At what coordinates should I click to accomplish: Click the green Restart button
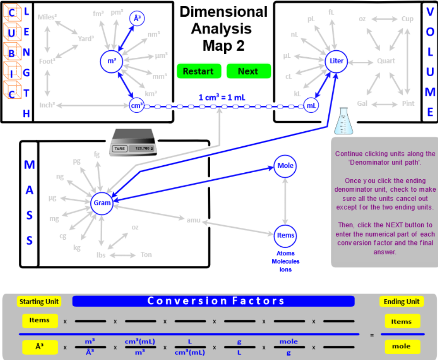pos(198,71)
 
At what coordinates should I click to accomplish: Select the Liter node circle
pos(337,61)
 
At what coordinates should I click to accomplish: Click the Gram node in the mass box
pos(102,203)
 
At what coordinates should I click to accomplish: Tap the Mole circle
pos(285,166)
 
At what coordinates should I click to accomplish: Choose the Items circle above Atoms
pos(285,235)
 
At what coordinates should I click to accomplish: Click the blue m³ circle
pos(112,61)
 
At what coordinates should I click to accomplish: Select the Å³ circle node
pos(137,18)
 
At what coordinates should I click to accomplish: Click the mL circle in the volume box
pos(312,106)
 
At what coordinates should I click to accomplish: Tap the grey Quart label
pos(386,61)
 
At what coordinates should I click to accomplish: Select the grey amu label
pos(193,219)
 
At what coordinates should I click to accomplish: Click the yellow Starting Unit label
pos(39,302)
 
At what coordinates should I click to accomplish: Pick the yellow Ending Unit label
pos(401,302)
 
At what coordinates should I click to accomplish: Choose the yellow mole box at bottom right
pos(401,346)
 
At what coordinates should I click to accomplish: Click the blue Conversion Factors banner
pos(213,301)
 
